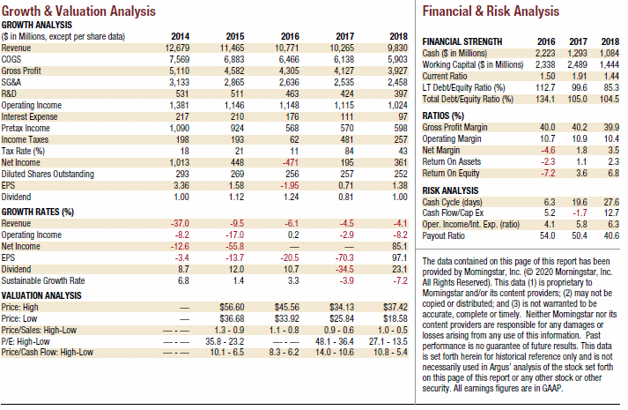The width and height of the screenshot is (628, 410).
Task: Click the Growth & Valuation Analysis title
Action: [x=78, y=11]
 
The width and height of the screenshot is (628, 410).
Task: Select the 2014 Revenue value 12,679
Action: [x=177, y=48]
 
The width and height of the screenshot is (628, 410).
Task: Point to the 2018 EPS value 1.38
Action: [x=399, y=185]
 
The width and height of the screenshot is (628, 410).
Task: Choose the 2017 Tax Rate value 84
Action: [x=350, y=151]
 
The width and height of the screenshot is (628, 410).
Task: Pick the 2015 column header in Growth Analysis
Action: [x=234, y=36]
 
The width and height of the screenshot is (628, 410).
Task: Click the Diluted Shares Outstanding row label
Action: [x=48, y=174]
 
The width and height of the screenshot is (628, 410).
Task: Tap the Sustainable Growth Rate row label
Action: [x=43, y=280]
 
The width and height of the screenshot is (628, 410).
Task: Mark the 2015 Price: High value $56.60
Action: [x=232, y=308]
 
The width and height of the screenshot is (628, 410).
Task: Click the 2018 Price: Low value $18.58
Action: [x=395, y=318]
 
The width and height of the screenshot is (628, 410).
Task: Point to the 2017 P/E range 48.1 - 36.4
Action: [x=335, y=342]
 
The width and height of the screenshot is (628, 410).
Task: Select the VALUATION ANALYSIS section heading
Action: [x=41, y=295]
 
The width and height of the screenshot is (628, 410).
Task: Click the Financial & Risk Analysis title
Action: [x=491, y=11]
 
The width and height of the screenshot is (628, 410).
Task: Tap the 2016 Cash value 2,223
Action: [x=545, y=53]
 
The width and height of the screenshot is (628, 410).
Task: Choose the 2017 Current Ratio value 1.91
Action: [x=580, y=76]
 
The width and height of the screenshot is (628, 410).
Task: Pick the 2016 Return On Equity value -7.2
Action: [x=548, y=173]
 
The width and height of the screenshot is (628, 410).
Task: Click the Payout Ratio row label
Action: [x=443, y=235]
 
